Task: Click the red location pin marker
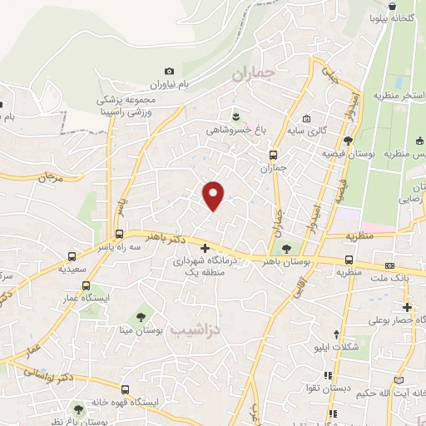click(214, 196)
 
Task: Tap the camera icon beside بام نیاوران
click(170, 72)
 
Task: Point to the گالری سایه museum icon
click(307, 116)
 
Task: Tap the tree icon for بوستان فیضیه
click(347, 141)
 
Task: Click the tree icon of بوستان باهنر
click(287, 248)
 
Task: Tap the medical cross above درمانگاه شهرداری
click(206, 248)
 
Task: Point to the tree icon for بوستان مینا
click(141, 316)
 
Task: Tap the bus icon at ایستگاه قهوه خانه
click(125, 389)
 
